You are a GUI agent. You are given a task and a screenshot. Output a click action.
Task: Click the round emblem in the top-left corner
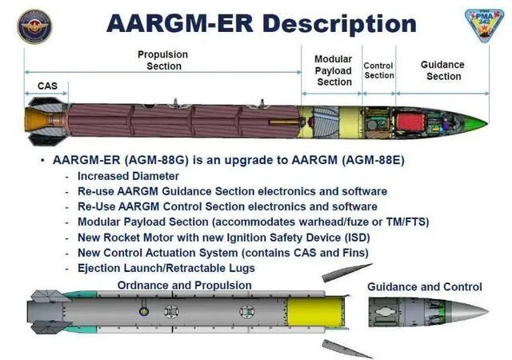[34, 26]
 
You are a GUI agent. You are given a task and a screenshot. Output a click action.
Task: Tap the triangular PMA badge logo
[484, 25]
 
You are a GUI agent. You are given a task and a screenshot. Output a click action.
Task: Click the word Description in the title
[339, 24]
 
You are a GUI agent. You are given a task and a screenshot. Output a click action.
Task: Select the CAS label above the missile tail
[47, 86]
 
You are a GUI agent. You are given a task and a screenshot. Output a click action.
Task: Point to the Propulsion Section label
[163, 60]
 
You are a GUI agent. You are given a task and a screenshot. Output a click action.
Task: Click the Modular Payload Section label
[334, 70]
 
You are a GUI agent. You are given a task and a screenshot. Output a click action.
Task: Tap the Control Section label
[378, 70]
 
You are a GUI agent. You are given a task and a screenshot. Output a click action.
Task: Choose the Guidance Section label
[442, 70]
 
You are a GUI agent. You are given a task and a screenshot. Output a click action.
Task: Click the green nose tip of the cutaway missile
[478, 123]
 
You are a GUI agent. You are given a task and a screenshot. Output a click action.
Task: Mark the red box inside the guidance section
[410, 122]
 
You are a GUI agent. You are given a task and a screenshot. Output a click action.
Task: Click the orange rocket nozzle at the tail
[37, 121]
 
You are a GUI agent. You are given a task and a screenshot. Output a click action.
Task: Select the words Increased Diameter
[128, 176]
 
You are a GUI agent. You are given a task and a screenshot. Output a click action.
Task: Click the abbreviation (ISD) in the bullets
[358, 238]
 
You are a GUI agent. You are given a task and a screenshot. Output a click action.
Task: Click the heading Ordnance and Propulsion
[185, 285]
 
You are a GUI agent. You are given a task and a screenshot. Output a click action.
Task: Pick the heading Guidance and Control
[425, 287]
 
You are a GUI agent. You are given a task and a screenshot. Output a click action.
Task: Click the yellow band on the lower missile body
[314, 312]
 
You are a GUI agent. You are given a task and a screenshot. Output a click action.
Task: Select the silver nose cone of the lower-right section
[467, 312]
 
